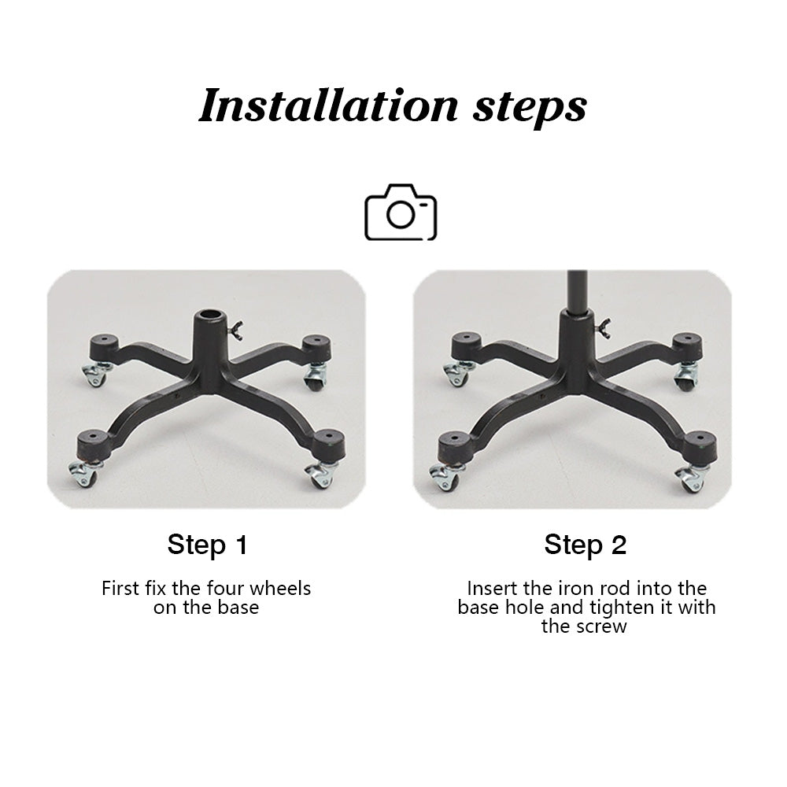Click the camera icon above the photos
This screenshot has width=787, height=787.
click(401, 212)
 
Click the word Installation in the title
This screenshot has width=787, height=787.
click(329, 105)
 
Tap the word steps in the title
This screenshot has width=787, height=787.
click(530, 109)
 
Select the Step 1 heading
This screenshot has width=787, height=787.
click(207, 545)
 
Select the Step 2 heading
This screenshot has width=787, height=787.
click(586, 545)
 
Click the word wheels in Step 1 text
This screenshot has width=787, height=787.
click(280, 588)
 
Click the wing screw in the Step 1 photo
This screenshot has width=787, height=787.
click(236, 330)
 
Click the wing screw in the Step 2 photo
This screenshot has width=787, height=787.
click(602, 327)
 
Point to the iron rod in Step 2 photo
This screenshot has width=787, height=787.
click(577, 292)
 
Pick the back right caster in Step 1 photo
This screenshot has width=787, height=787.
click(316, 376)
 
